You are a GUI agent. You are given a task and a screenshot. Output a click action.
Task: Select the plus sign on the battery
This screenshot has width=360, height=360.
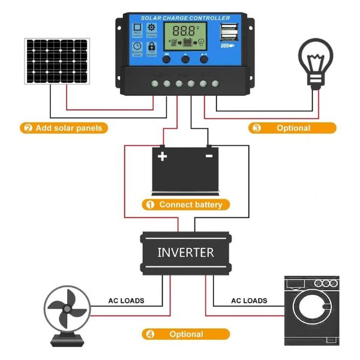pyautogui.click(x=162, y=156)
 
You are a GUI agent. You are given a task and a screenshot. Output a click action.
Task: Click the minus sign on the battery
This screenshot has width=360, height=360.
pyautogui.click(x=209, y=155)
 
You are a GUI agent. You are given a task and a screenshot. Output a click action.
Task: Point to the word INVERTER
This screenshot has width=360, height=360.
pyautogui.click(x=185, y=252)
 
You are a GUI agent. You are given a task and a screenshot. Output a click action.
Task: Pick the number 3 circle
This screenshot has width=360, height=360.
pyautogui.click(x=257, y=128)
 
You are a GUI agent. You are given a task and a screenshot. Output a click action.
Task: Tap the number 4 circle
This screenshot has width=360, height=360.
pyautogui.click(x=150, y=334)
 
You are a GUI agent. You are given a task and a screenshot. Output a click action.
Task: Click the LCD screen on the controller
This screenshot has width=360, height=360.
pyautogui.click(x=186, y=37)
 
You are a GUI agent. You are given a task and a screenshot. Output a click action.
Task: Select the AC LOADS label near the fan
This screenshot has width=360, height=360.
pyautogui.click(x=126, y=301)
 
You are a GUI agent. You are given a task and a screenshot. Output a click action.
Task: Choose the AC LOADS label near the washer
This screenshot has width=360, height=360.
pyautogui.click(x=249, y=301)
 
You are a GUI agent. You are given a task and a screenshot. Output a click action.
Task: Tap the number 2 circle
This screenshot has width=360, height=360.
pyautogui.click(x=27, y=128)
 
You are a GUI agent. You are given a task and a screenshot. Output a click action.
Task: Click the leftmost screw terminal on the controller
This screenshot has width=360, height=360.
pyautogui.click(x=155, y=83)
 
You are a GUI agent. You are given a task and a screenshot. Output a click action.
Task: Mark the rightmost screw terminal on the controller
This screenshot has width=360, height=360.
pyautogui.click(x=215, y=83)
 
